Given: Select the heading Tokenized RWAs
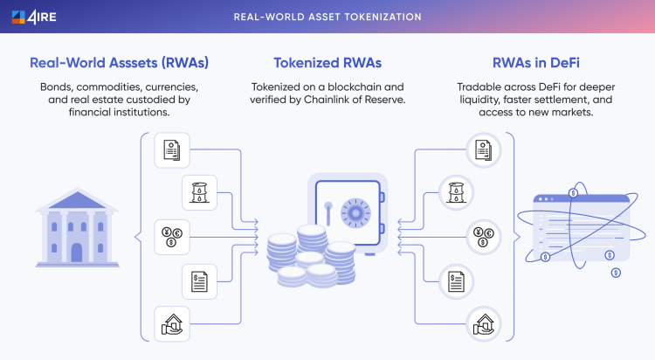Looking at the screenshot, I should click(327, 64).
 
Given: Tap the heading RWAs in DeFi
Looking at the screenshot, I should click(536, 64).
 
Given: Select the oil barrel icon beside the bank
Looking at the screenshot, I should click(198, 191).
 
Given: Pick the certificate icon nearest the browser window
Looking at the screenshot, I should click(480, 150).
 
